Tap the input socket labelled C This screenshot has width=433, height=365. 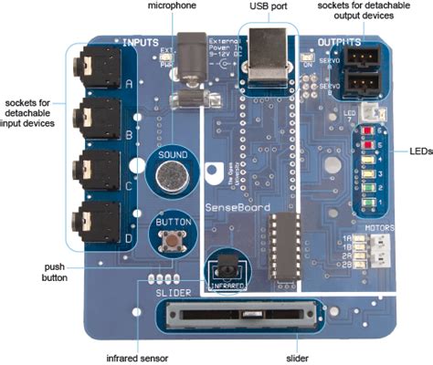point(95,167)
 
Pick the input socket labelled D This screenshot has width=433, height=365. point(95,216)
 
